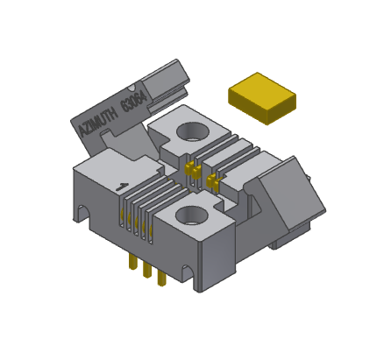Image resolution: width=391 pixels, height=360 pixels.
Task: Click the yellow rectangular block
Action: (261, 97)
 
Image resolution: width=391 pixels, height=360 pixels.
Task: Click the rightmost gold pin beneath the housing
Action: (161, 278)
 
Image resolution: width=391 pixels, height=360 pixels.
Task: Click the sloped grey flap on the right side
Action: (289, 193)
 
